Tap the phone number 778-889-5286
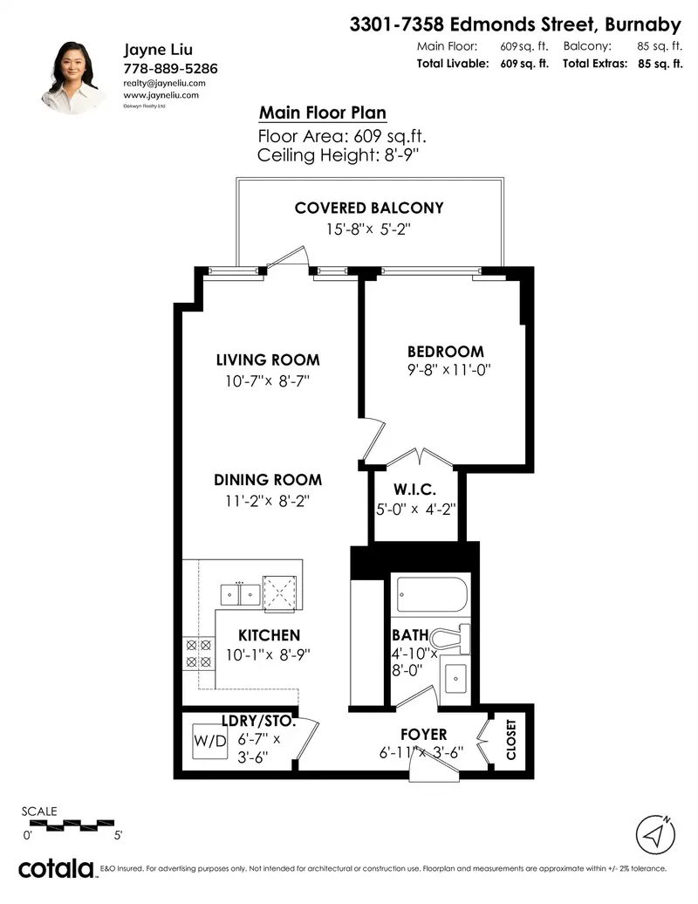click(x=170, y=68)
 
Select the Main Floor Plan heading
click(x=322, y=113)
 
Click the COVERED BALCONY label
click(x=369, y=208)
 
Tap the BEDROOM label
click(x=445, y=352)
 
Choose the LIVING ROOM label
click(x=267, y=360)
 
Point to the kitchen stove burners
click(x=198, y=654)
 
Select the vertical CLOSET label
click(x=511, y=739)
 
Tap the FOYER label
click(x=423, y=735)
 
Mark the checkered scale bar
click(x=72, y=822)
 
